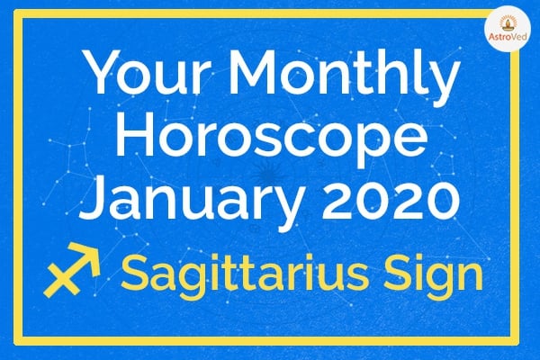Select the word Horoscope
click(x=272, y=138)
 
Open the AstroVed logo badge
click(x=508, y=29)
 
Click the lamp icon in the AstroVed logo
click(x=508, y=23)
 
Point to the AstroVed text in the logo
click(x=508, y=37)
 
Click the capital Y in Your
click(x=103, y=73)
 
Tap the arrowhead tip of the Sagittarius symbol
click(x=99, y=245)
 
